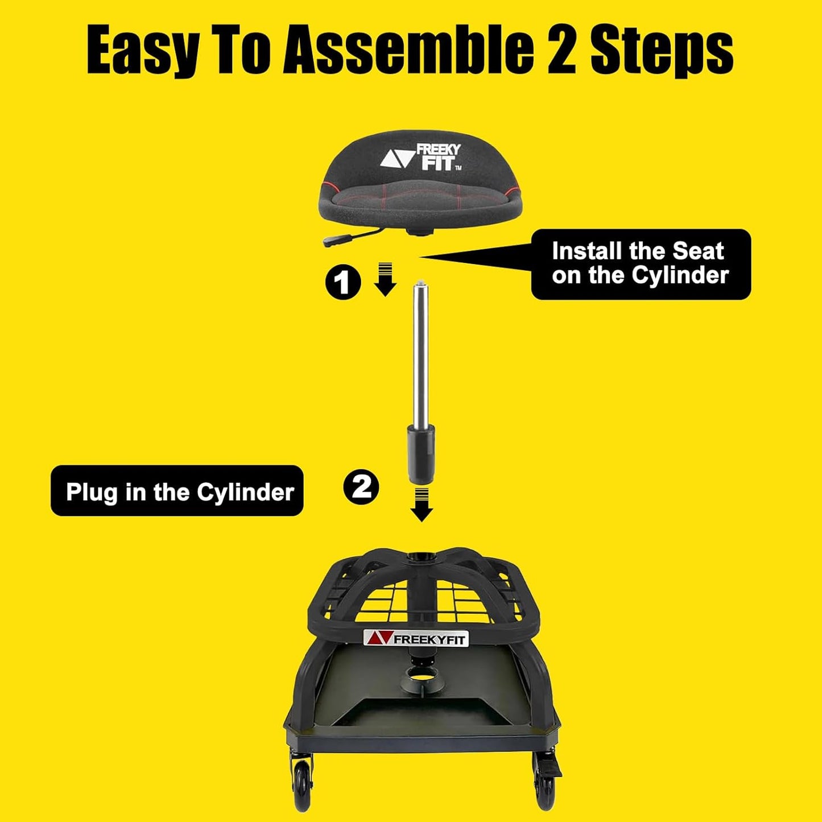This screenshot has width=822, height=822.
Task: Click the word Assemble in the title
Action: [x=408, y=51]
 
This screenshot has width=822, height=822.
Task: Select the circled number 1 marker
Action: [x=343, y=282]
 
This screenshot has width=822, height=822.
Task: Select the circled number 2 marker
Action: [x=361, y=487]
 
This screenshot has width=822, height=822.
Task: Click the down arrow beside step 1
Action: [x=385, y=279]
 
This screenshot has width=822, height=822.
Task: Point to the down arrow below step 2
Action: [x=422, y=504]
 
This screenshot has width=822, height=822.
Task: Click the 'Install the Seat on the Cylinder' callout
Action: [x=641, y=264]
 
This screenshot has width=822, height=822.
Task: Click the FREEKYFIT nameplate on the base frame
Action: [x=416, y=638]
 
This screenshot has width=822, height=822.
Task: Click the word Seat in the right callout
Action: [x=698, y=251]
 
